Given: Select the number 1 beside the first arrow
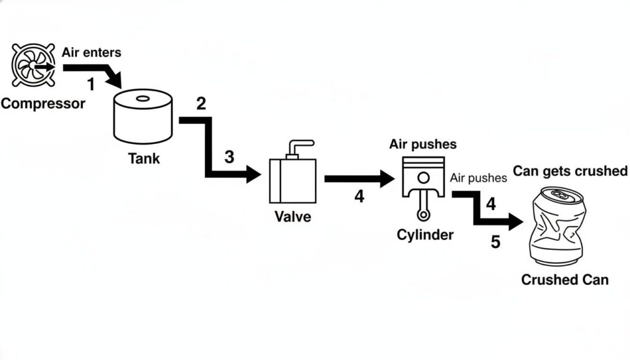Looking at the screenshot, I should pos(90,85).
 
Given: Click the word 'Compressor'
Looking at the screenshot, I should pos(43,103).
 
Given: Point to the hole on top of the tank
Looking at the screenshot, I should pos(142,98).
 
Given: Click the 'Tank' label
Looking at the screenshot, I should pos(144,158).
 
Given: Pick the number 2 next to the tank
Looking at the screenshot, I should pos(201,103).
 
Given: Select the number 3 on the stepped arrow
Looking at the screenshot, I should pos(229,157).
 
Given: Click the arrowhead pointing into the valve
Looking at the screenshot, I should pos(253,174).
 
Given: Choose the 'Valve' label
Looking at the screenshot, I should pos(293,217).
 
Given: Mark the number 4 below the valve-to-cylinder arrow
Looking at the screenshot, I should pos(359,198).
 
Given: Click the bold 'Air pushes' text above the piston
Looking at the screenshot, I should pos(423,145).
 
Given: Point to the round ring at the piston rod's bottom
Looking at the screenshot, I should pos(423,215).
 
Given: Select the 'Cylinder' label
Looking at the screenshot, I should pos(425,234).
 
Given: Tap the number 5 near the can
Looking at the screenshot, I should pos(495,242).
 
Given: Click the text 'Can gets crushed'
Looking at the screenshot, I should pos(570,171).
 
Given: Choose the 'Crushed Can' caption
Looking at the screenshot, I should pos(565,280).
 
